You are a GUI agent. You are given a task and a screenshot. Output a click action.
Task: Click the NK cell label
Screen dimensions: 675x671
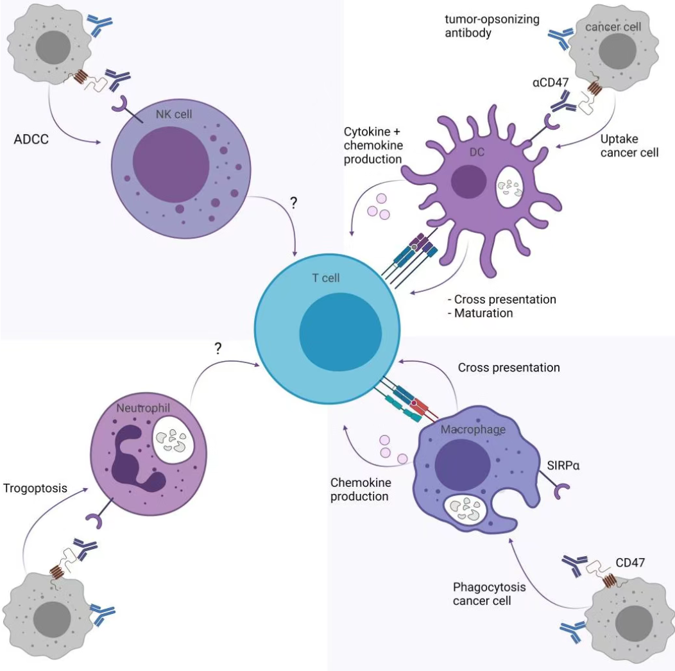173,114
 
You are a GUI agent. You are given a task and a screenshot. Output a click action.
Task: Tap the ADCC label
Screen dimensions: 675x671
31,139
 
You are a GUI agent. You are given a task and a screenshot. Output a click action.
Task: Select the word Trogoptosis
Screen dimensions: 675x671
35,488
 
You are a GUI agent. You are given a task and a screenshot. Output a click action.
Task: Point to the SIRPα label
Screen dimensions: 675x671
563,465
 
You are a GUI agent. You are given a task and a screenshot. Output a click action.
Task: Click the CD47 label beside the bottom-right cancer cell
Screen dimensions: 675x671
630,563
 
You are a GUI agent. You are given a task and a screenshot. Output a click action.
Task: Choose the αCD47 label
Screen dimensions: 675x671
551,82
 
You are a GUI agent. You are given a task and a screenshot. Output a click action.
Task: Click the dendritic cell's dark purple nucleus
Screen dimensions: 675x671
469,182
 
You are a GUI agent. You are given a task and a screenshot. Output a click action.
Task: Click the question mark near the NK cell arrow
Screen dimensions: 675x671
294,202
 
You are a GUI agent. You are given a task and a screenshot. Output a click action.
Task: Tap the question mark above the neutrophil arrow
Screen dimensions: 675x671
218,348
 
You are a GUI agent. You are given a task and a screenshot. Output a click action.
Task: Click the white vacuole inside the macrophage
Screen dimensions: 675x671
465,509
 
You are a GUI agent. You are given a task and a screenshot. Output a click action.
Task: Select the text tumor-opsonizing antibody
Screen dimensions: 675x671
492,26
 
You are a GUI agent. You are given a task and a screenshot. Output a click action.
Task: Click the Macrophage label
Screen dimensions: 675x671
473,430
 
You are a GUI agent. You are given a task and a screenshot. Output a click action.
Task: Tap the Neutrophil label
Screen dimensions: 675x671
143,408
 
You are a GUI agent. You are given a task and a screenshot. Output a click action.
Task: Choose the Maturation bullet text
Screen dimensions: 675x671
481,313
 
